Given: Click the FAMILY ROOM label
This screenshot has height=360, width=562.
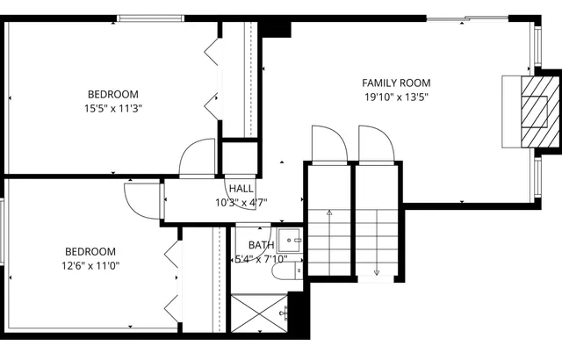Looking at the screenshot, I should pyautogui.click(x=396, y=83).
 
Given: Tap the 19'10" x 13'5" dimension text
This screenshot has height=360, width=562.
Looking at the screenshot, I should pyautogui.click(x=396, y=97).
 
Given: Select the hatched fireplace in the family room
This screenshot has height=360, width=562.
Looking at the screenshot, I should pyautogui.click(x=533, y=111).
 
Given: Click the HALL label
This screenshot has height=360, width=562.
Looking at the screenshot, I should pyautogui.click(x=241, y=189).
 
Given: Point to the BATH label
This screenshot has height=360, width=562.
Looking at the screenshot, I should pyautogui.click(x=261, y=245).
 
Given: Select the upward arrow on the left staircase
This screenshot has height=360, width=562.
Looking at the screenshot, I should pyautogui.click(x=329, y=213).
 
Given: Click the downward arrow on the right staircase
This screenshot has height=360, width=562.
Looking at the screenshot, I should pyautogui.click(x=377, y=270).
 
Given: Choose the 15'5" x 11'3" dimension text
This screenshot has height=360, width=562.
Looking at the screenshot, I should pyautogui.click(x=112, y=109).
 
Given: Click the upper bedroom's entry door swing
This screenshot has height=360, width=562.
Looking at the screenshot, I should pyautogui.click(x=198, y=159).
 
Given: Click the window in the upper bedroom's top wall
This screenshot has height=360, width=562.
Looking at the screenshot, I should pyautogui.click(x=151, y=18).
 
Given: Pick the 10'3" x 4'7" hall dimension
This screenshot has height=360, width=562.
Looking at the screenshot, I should pyautogui.click(x=241, y=202).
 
